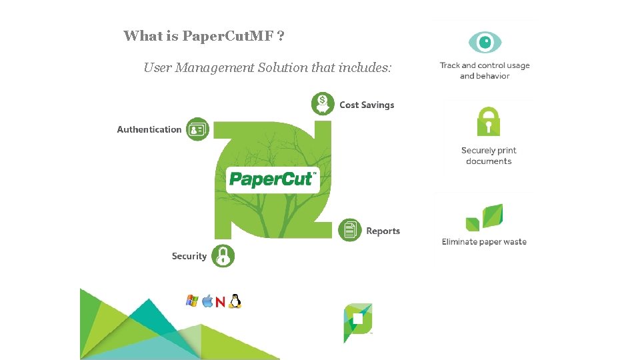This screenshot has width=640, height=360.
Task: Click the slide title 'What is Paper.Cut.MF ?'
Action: tap(204, 36)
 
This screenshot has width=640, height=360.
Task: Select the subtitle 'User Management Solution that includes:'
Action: tap(268, 67)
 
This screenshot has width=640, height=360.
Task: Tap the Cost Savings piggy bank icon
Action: tap(323, 104)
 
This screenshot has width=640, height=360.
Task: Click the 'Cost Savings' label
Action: tap(367, 105)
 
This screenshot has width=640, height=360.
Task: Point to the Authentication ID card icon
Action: tap(197, 129)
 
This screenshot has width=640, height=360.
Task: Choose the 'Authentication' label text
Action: tap(149, 130)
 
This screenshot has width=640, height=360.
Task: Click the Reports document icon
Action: tap(350, 231)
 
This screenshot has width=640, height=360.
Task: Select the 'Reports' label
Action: tap(383, 231)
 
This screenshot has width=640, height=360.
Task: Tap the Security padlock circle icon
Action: tap(223, 256)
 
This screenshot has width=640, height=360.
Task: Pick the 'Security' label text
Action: tap(189, 256)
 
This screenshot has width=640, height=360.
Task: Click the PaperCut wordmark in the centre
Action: tap(273, 179)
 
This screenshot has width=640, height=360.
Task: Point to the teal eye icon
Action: tap(485, 43)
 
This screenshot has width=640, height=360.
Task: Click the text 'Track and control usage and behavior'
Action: tap(485, 71)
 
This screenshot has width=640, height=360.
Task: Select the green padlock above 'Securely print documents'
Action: tap(489, 122)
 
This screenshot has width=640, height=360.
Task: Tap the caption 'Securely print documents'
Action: tap(489, 156)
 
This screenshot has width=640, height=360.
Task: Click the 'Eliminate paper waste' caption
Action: tap(484, 242)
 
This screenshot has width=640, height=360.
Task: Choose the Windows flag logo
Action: tap(192, 301)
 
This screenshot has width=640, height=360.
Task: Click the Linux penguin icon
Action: tap(235, 302)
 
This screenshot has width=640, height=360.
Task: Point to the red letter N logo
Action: tap(220, 303)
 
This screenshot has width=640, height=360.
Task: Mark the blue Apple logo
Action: tap(207, 301)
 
